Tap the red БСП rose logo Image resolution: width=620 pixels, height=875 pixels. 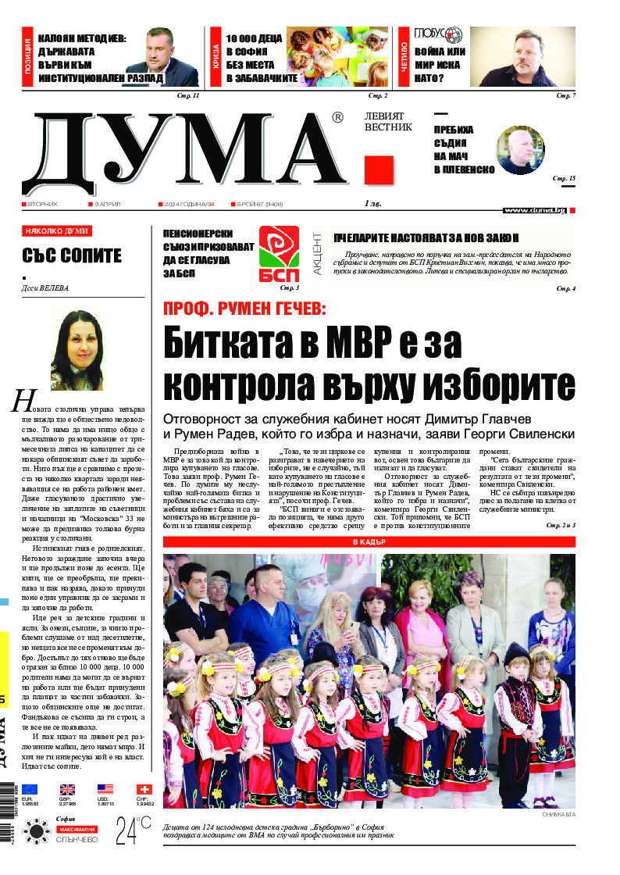click(279, 254)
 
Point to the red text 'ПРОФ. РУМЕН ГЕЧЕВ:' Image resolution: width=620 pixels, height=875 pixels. click(244, 309)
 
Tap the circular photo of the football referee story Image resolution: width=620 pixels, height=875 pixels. click(520, 150)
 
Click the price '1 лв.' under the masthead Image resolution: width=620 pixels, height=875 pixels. click(373, 204)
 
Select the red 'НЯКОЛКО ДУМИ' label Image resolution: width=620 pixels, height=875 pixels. click(57, 231)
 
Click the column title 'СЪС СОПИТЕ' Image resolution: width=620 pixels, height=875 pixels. click(72, 255)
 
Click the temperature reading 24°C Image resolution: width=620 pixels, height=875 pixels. click(133, 832)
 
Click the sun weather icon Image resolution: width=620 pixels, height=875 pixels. click(36, 830)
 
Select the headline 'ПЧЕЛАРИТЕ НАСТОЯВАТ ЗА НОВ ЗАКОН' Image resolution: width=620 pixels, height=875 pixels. click(426, 238)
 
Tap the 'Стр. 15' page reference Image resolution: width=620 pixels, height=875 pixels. click(564, 180)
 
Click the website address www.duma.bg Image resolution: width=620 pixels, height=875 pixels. click(534, 210)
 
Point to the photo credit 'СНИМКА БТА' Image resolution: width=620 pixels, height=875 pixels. click(558, 815)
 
